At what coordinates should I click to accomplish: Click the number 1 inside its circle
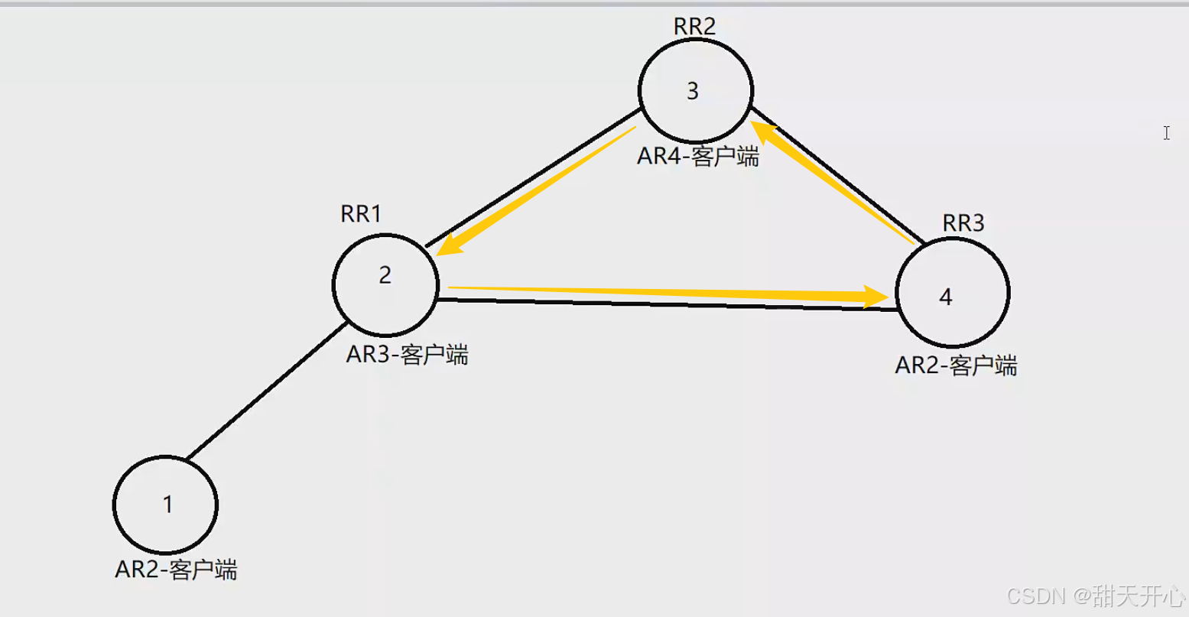[167, 505]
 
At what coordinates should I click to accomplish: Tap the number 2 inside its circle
[385, 275]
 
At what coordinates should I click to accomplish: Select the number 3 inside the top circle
[693, 92]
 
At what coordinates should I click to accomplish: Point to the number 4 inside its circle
[946, 297]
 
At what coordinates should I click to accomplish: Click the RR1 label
[361, 214]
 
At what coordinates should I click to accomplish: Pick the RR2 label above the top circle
[694, 26]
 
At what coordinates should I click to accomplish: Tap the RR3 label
[963, 223]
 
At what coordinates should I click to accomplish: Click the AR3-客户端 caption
[407, 355]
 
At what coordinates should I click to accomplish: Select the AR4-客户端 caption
[698, 157]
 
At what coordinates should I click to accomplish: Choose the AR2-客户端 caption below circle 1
[176, 570]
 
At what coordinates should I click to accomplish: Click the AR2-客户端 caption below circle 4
[956, 365]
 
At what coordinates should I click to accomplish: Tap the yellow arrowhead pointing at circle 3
[765, 132]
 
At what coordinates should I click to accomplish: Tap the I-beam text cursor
[1167, 133]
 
